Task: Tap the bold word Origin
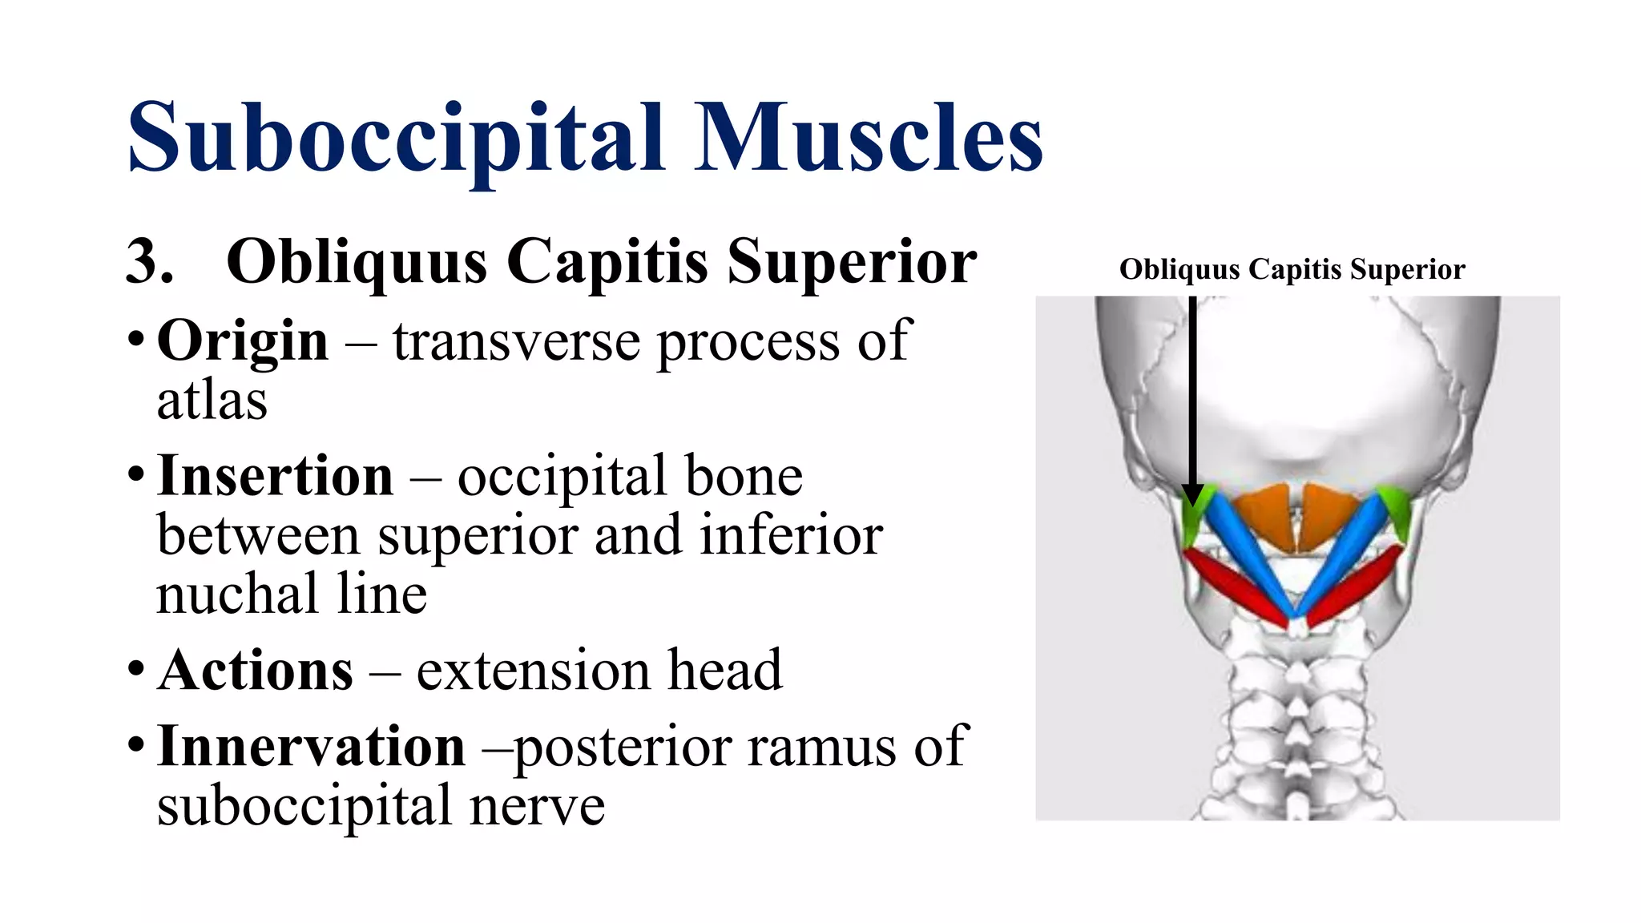tap(243, 341)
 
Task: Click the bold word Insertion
tap(276, 477)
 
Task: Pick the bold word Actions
tap(256, 671)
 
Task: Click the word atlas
tap(212, 401)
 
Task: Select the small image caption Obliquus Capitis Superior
tap(1292, 270)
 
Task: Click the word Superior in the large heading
tap(851, 262)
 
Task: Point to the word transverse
tap(516, 341)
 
